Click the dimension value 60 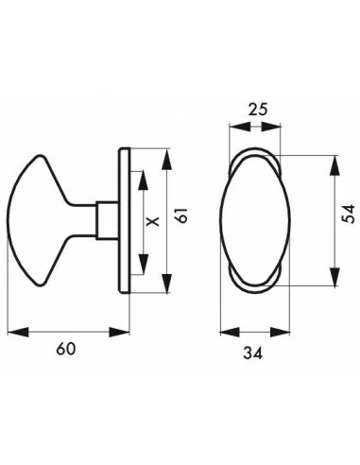coord(65,349)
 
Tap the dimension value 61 coord(185,219)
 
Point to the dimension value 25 coord(252,109)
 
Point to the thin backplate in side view coord(125,220)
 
